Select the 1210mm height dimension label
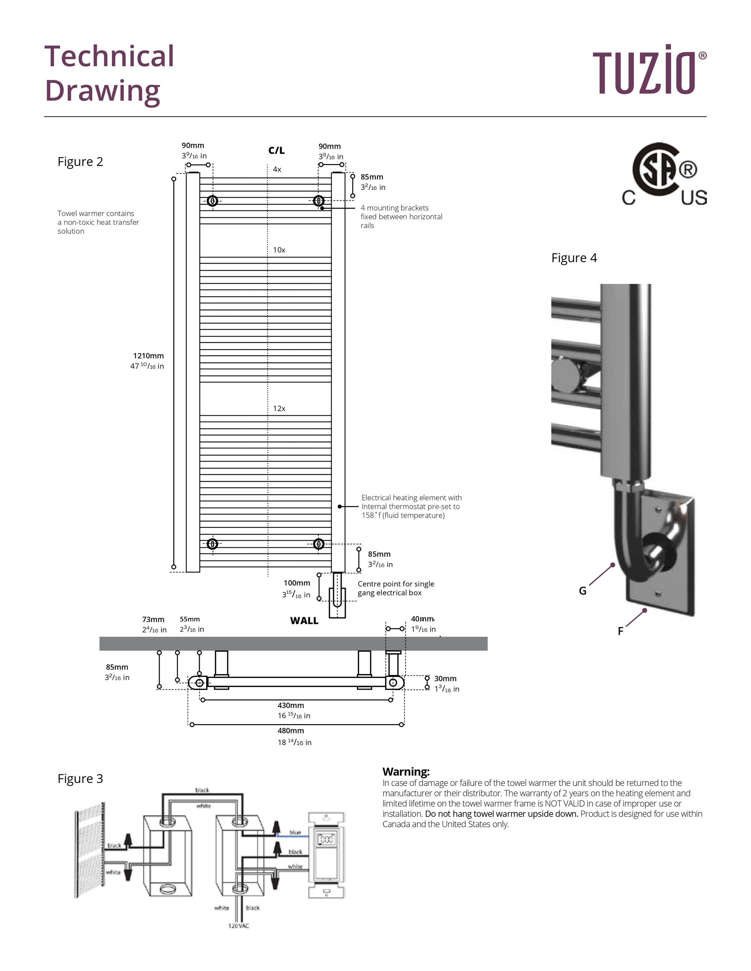pyautogui.click(x=148, y=356)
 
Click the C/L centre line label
pyautogui.click(x=276, y=150)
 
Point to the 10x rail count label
pyautogui.click(x=279, y=250)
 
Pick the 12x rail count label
pyautogui.click(x=279, y=408)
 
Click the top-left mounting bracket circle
pyautogui.click(x=213, y=200)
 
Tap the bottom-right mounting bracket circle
pyautogui.click(x=318, y=544)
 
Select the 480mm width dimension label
pyautogui.click(x=291, y=731)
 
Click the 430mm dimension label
pyautogui.click(x=291, y=705)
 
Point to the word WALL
pyautogui.click(x=304, y=621)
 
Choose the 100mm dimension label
pyautogui.click(x=297, y=583)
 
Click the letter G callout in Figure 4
pyautogui.click(x=582, y=591)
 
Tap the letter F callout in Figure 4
pyautogui.click(x=620, y=631)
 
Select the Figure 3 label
pyautogui.click(x=80, y=779)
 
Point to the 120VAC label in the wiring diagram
pyautogui.click(x=238, y=926)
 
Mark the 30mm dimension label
pyautogui.click(x=445, y=678)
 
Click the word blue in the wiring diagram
pyautogui.click(x=295, y=832)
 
